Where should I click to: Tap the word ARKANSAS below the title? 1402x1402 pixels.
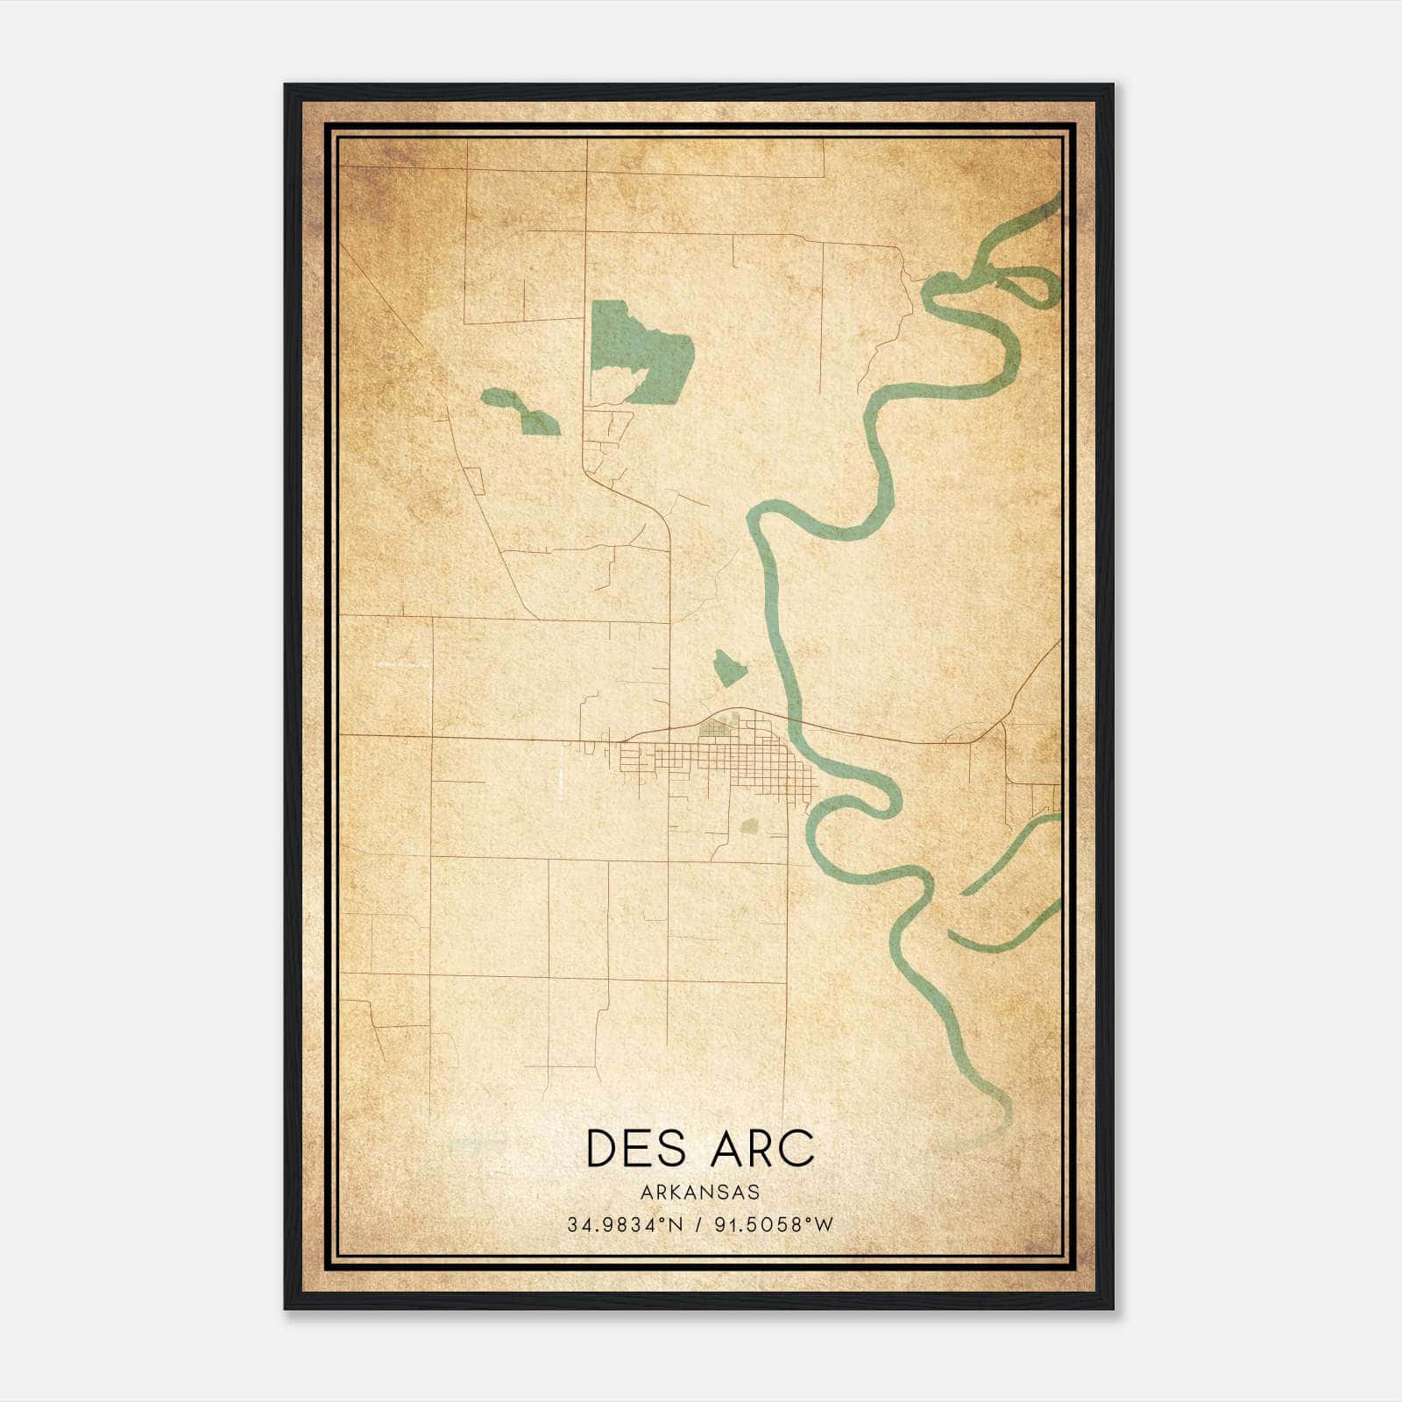pyautogui.click(x=699, y=1192)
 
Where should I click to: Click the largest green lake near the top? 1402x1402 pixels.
pyautogui.click(x=648, y=350)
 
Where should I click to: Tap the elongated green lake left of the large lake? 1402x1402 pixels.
pyautogui.click(x=521, y=412)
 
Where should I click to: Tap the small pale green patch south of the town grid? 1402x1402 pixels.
pyautogui.click(x=749, y=825)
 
